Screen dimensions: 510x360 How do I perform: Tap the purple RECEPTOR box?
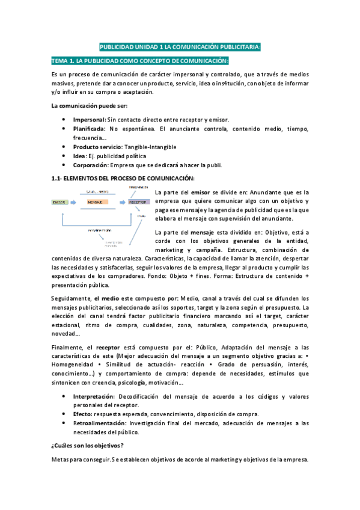(x=138, y=202)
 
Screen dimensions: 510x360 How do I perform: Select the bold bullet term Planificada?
(x=90, y=129)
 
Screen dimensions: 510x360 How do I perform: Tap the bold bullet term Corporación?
(x=91, y=165)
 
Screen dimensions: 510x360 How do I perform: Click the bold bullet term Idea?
(x=80, y=156)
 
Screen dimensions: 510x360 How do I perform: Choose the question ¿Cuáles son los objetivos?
(x=87, y=445)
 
